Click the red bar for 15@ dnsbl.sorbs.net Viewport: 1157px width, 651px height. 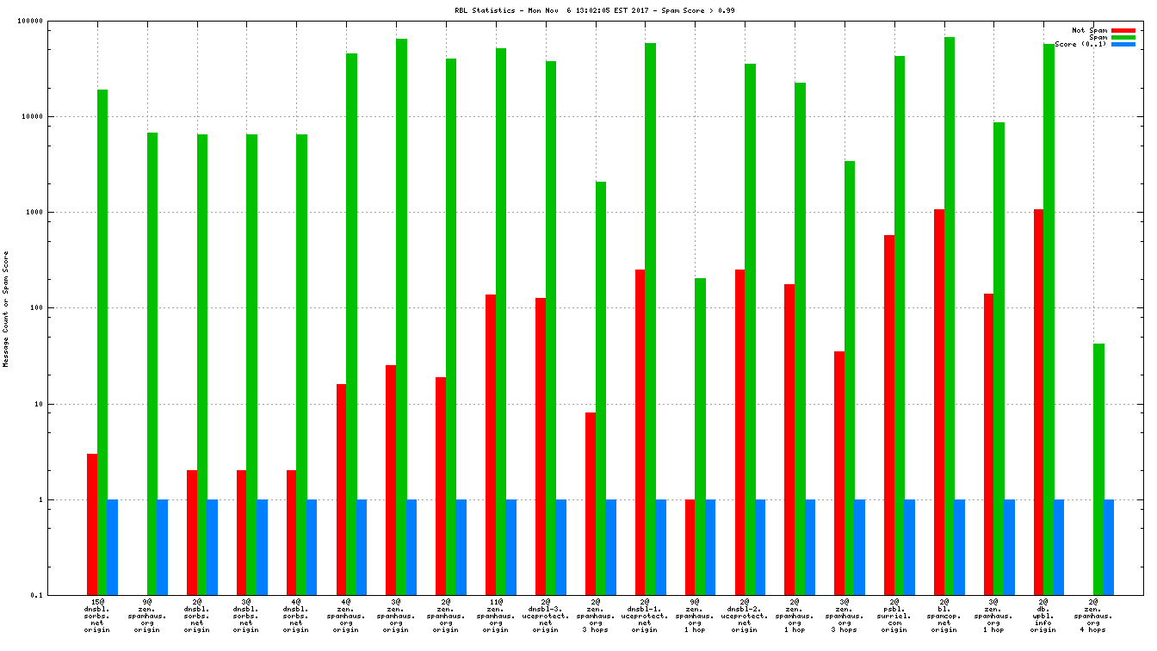tap(92, 524)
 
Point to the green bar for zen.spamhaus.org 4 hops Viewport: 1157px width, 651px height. tap(1098, 469)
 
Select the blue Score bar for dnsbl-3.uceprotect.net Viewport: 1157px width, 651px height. tap(561, 547)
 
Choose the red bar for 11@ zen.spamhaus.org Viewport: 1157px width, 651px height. tap(491, 444)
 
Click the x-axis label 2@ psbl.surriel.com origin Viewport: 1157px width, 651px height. tap(894, 616)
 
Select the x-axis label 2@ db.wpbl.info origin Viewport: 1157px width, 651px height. tap(1043, 616)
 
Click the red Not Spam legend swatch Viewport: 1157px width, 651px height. tap(1123, 30)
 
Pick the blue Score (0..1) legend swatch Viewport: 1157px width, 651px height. tap(1123, 44)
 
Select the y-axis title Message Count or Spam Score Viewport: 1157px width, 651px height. tap(6, 309)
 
